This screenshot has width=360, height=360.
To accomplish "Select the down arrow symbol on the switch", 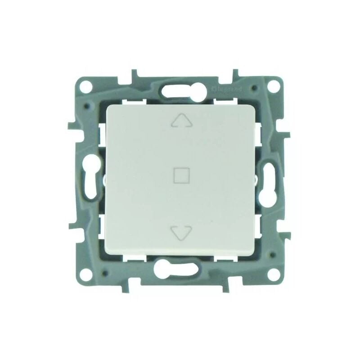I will pos(181,232).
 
